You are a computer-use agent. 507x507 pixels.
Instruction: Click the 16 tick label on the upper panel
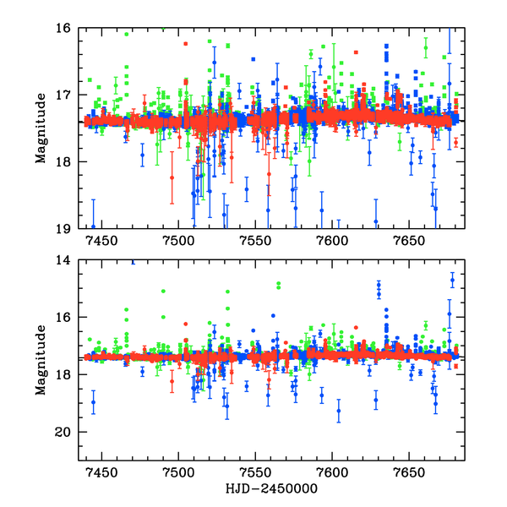click(x=63, y=28)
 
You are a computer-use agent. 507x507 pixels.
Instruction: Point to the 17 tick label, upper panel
click(x=63, y=95)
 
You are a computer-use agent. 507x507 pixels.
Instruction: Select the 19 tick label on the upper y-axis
click(x=63, y=228)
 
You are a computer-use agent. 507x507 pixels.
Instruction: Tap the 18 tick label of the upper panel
click(x=63, y=161)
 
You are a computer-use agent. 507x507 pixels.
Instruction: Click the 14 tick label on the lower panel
click(x=63, y=260)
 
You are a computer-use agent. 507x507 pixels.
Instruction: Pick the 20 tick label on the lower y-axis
click(x=63, y=432)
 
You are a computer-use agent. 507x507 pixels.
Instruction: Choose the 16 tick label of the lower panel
click(x=63, y=318)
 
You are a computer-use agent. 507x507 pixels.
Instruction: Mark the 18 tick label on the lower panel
click(x=63, y=374)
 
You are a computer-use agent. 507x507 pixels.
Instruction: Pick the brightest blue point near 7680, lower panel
click(x=452, y=280)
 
